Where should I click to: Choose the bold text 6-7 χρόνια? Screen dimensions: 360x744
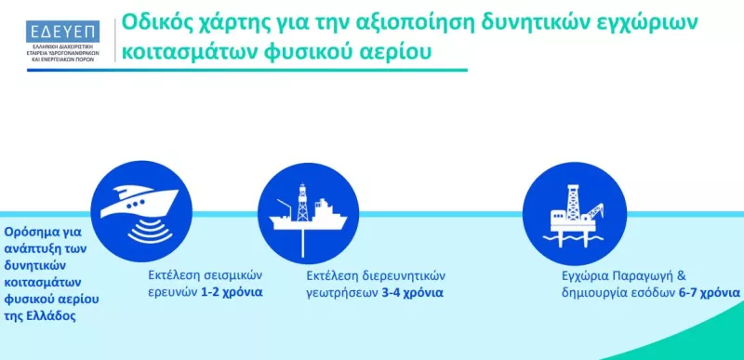point(708,292)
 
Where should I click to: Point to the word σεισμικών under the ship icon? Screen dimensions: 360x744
point(232,276)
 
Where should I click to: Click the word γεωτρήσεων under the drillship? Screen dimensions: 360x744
point(341,292)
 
